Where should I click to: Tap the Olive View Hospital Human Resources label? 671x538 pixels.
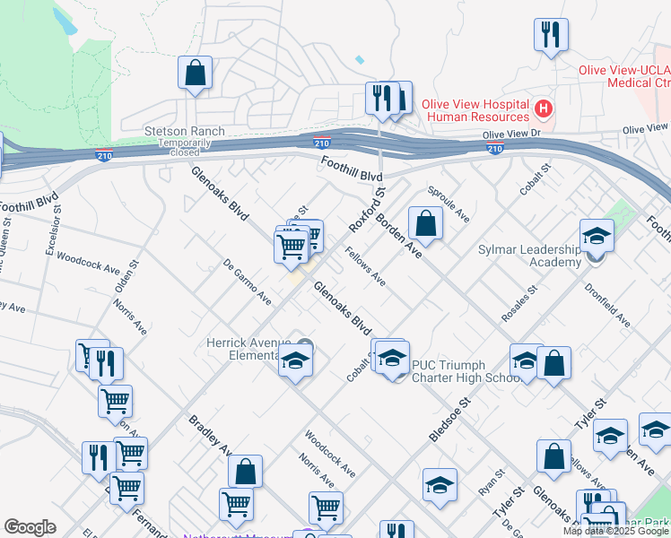coord(477,110)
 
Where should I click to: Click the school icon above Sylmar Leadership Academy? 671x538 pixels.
coord(597,236)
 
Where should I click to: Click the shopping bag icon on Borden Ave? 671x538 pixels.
coord(426,223)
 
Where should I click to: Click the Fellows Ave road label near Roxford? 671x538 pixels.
coord(366,268)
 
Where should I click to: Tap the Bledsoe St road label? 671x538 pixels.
coord(450,419)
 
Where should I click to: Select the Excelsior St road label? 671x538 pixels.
coord(52,229)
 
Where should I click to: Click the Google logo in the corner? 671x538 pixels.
coord(30,527)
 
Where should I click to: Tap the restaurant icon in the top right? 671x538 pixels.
coord(549,34)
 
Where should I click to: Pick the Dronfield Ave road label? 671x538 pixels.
coord(607,307)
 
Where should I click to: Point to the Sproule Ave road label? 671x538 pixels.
coord(449,205)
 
